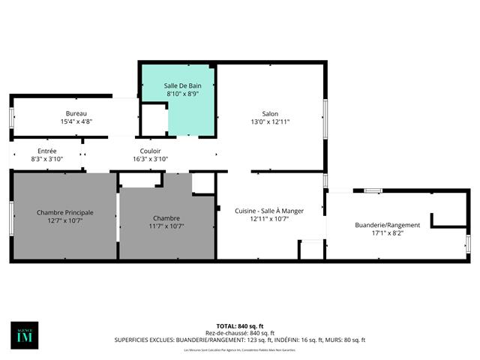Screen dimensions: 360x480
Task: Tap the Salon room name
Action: click(x=270, y=113)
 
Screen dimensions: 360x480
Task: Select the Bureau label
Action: click(x=76, y=113)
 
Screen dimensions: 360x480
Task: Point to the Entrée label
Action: click(x=46, y=151)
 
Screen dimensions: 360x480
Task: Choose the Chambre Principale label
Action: click(x=65, y=212)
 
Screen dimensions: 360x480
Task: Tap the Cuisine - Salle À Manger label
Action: click(x=269, y=211)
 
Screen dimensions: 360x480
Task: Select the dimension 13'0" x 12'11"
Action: click(x=270, y=121)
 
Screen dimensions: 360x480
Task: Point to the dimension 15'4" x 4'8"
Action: click(x=76, y=121)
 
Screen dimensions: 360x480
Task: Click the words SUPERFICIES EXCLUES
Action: click(x=143, y=340)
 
